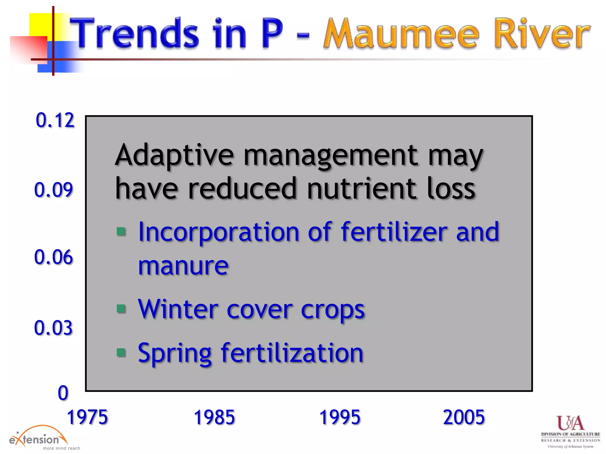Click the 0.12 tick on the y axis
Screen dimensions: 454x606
click(55, 120)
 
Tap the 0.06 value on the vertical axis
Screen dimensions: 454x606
click(54, 257)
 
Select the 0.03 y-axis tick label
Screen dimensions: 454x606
click(54, 328)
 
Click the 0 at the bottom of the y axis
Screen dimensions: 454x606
click(63, 393)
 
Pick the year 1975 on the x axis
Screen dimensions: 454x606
click(87, 417)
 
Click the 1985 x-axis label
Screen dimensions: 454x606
click(214, 417)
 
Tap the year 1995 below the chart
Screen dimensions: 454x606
click(340, 417)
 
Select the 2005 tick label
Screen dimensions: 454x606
click(464, 417)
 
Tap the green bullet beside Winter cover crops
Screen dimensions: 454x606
click(121, 309)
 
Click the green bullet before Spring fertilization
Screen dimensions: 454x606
click(121, 352)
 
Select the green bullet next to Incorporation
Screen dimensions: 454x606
click(121, 231)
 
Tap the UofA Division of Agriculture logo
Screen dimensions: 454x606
click(570, 432)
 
